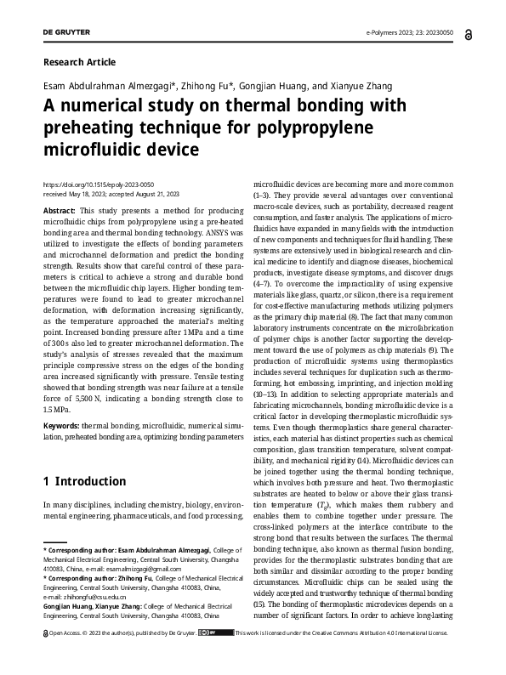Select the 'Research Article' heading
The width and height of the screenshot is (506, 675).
click(x=78, y=62)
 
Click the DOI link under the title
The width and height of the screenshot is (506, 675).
click(x=98, y=184)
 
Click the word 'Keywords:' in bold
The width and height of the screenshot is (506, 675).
click(x=61, y=423)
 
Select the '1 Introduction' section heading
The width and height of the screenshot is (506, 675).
click(x=84, y=481)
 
